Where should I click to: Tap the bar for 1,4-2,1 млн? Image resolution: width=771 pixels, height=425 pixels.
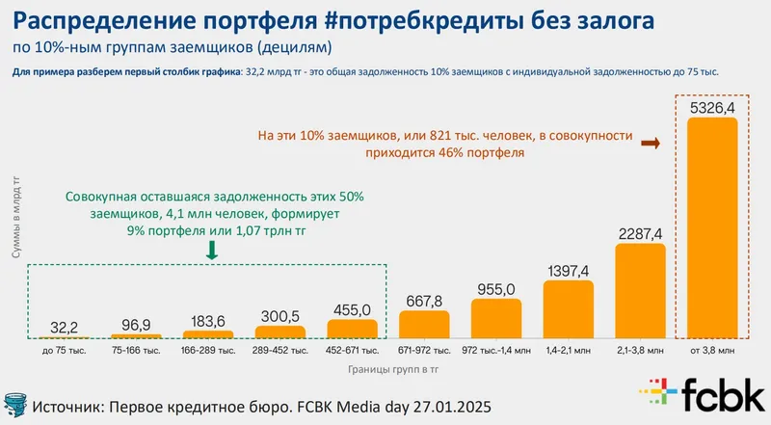568,309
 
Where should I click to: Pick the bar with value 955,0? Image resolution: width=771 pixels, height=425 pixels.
495,319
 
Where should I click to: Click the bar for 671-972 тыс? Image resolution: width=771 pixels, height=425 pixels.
424,325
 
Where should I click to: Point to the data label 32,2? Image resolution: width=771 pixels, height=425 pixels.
65,324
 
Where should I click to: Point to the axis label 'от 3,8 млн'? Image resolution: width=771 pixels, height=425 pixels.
711,351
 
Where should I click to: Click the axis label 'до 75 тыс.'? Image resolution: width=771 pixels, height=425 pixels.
65,351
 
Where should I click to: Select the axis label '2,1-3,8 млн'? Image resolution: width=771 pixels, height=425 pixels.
640,351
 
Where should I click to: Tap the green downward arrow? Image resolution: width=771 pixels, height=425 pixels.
212,250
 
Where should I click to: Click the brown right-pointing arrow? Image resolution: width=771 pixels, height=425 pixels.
650,143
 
